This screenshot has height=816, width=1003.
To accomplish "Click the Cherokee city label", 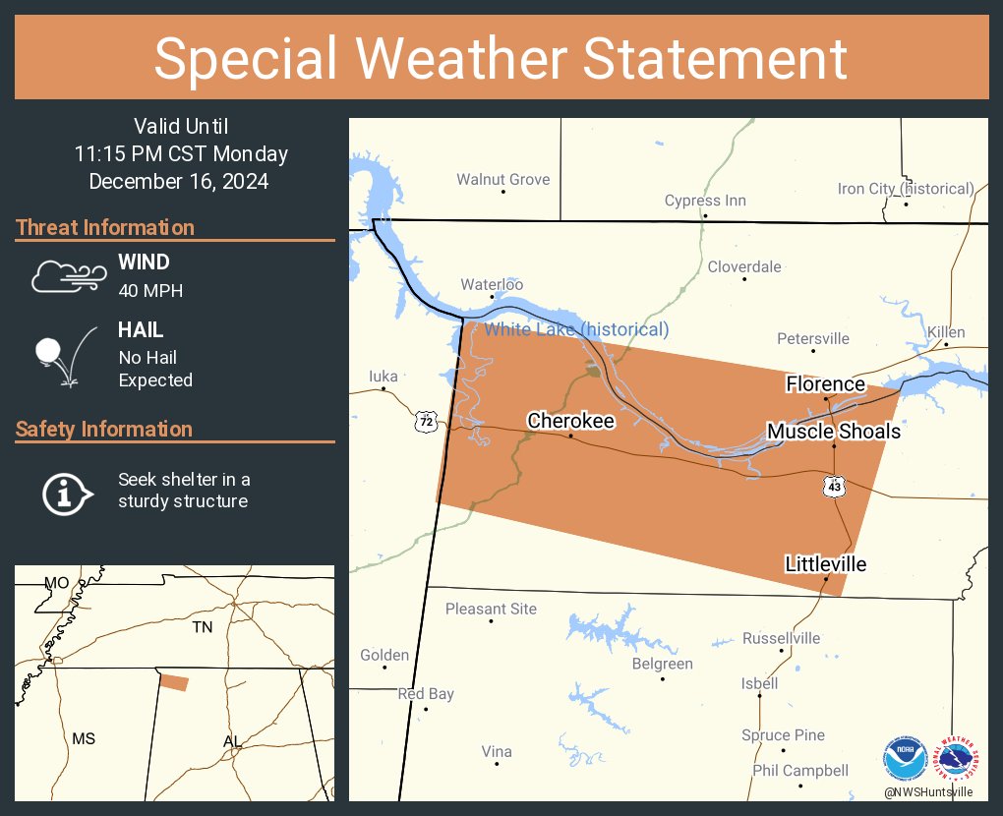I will tap(570, 421).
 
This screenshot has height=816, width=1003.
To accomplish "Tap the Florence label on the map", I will tap(825, 383).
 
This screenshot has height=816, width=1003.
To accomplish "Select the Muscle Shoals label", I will tap(833, 431).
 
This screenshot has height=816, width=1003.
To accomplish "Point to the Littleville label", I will tap(825, 563).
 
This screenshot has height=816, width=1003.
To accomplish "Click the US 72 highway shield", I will tap(425, 422).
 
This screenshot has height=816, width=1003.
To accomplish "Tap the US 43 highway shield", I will tap(835, 486).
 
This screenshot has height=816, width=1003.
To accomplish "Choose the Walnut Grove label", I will tap(502, 180).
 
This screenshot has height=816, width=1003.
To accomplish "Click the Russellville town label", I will tap(781, 638).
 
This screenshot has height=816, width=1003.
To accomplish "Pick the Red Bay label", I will tap(426, 694).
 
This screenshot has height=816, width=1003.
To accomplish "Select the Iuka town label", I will tap(383, 376).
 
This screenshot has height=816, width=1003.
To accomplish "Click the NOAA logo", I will tap(905, 758).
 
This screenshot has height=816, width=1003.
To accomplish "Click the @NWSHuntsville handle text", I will tap(928, 791).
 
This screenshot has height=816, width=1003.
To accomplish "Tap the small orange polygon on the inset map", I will tap(174, 682).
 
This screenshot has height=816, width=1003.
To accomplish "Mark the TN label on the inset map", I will tap(203, 627).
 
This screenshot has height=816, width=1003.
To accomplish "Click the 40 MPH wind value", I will tap(150, 290).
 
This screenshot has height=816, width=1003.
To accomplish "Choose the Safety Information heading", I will tap(104, 429).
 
